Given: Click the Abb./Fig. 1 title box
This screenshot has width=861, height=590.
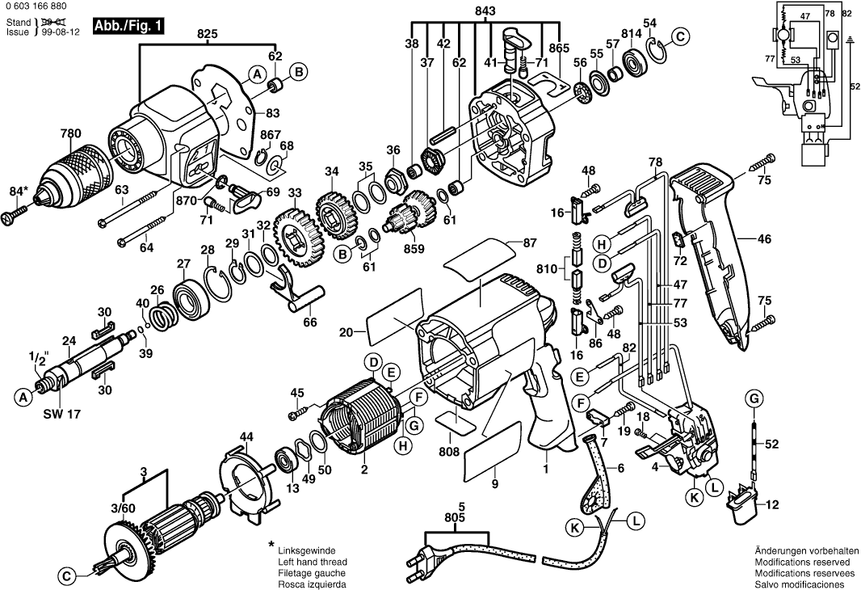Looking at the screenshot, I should pos(129,26).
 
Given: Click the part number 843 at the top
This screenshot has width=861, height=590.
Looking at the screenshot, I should pos(486,11).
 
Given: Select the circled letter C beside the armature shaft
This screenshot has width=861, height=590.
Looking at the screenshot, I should pos(67,576).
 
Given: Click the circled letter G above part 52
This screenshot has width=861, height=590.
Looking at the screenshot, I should pos(754,398).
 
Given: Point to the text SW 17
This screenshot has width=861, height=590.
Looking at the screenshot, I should pos(58,413).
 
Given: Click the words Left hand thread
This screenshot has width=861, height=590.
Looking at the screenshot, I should pos(312,562).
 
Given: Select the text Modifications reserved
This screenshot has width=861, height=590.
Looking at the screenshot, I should pos(802,562).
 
